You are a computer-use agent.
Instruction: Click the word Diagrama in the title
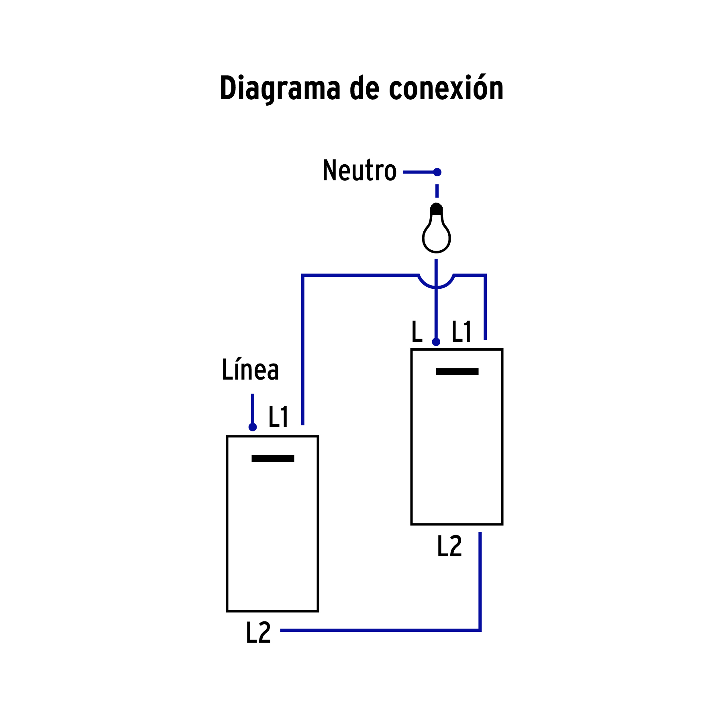(x=280, y=88)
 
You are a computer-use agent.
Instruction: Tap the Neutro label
(x=359, y=171)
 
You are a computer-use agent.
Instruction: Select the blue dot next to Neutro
(x=437, y=172)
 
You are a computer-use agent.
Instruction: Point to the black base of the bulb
(x=436, y=209)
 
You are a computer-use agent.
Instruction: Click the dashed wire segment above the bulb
(x=437, y=191)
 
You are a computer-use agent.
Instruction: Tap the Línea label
(x=250, y=370)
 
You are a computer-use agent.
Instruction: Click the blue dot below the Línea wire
(x=253, y=427)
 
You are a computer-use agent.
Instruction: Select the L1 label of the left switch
(x=278, y=417)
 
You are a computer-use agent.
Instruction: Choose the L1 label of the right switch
(x=461, y=332)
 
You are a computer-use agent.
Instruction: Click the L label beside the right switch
(x=417, y=332)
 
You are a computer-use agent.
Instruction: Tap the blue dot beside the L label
(x=436, y=342)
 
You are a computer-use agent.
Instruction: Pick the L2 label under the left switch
(x=258, y=633)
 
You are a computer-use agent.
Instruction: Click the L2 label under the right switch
(x=449, y=546)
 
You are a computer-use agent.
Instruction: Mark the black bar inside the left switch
(x=273, y=458)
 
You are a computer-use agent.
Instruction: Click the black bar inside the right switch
(x=457, y=372)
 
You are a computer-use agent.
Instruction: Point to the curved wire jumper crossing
(x=436, y=284)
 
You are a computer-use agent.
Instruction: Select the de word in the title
(x=364, y=88)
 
